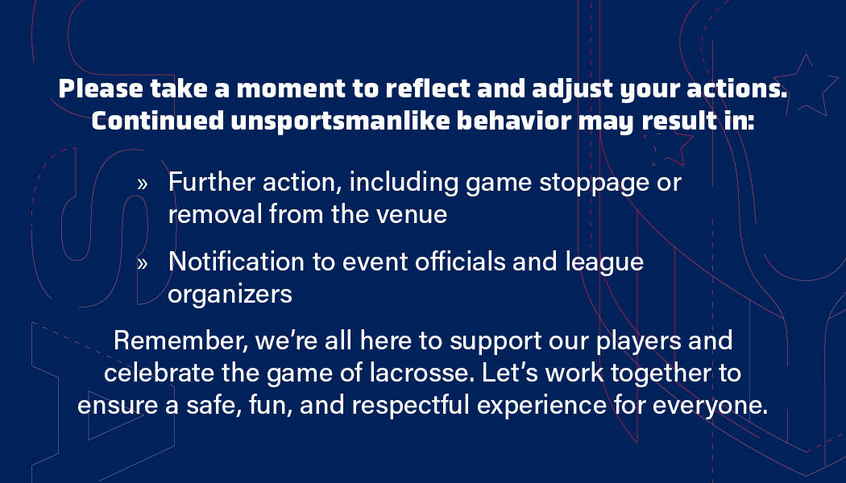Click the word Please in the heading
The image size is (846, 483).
[101, 89]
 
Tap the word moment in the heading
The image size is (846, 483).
[291, 89]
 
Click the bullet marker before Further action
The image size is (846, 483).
[143, 184]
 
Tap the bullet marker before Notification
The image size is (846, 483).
[143, 263]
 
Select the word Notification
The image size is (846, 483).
[236, 262]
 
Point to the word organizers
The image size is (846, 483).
[230, 295]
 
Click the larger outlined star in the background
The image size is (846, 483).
[806, 86]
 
